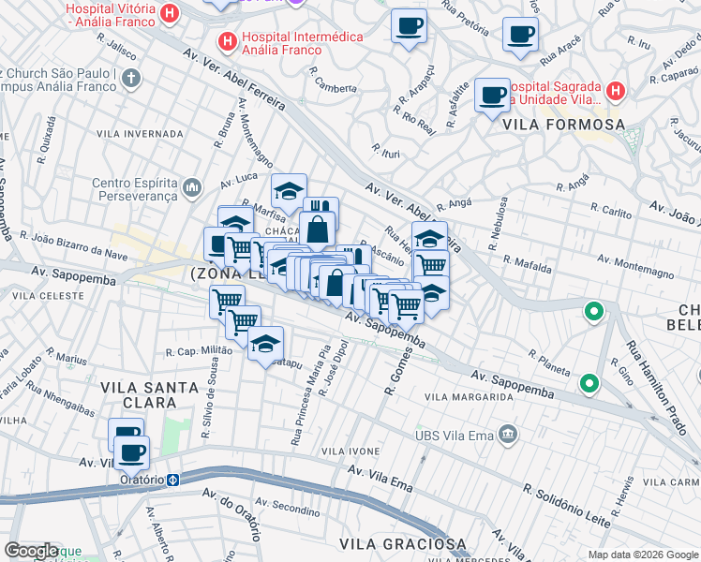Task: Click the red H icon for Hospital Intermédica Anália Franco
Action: [x=226, y=41]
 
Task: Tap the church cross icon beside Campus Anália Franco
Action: [x=132, y=77]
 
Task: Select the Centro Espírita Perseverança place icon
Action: [x=193, y=188]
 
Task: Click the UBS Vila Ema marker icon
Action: [x=508, y=433]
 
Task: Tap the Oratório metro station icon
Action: [x=173, y=479]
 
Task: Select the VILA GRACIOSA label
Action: [x=402, y=543]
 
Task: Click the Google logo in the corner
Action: [x=31, y=551]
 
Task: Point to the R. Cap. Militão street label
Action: [x=199, y=351]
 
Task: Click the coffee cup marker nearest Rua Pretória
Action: [x=409, y=26]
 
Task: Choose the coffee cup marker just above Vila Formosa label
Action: [x=492, y=95]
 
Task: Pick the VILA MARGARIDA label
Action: [x=469, y=397]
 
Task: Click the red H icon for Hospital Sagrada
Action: [x=615, y=91]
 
